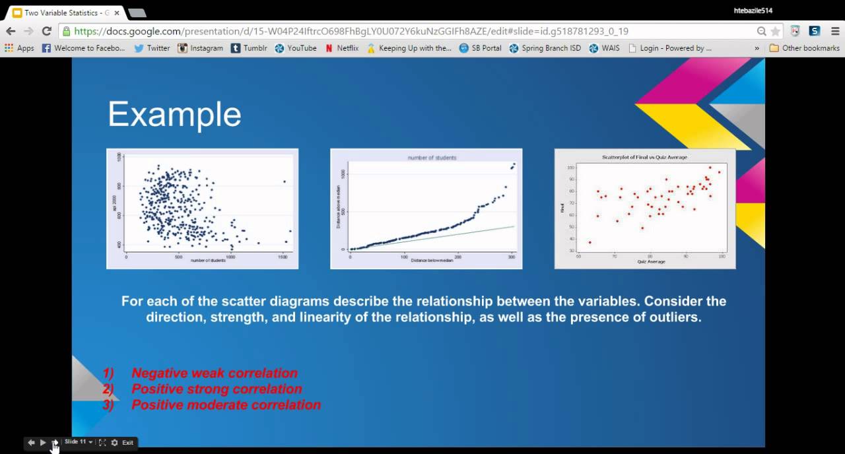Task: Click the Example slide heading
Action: click(174, 114)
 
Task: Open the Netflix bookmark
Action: click(341, 48)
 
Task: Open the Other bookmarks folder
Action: click(804, 48)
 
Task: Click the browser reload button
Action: click(46, 31)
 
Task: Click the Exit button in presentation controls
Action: click(127, 443)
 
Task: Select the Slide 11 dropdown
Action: click(78, 442)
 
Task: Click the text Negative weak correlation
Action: click(214, 373)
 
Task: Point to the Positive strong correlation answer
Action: click(217, 389)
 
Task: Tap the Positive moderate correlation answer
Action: click(226, 405)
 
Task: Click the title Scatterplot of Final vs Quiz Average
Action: click(644, 158)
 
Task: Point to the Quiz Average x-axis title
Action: click(651, 262)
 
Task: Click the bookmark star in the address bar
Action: click(776, 31)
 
